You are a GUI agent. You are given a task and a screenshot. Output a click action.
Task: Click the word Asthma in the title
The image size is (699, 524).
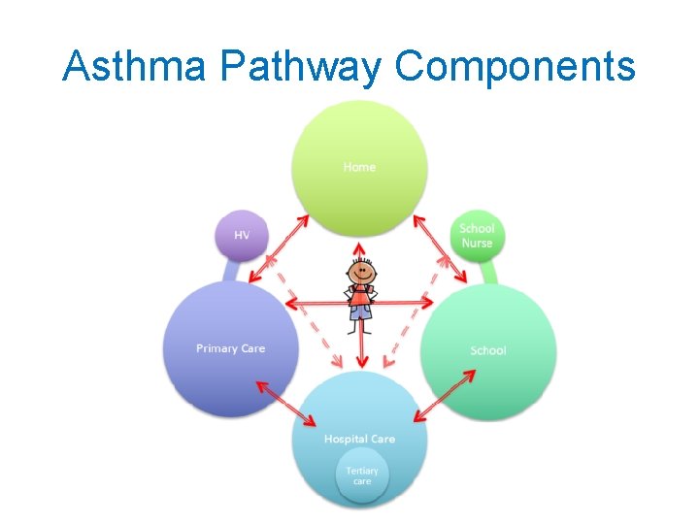pyautogui.click(x=134, y=66)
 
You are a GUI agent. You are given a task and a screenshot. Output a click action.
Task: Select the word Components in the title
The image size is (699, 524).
pyautogui.click(x=516, y=66)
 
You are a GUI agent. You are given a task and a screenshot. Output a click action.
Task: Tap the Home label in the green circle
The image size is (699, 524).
pyautogui.click(x=359, y=167)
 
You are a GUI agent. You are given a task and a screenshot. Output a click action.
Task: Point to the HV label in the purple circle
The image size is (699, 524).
pyautogui.click(x=242, y=236)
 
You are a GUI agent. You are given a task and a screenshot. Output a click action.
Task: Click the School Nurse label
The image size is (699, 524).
pyautogui.click(x=477, y=236)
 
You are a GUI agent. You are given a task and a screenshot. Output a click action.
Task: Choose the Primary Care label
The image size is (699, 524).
pyautogui.click(x=230, y=348)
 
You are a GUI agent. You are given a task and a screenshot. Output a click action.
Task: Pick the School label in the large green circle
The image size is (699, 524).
pyautogui.click(x=487, y=350)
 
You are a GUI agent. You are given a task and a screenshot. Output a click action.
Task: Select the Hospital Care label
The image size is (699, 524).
pyautogui.click(x=359, y=439)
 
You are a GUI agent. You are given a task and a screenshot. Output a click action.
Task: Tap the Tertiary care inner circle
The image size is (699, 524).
pyautogui.click(x=362, y=476)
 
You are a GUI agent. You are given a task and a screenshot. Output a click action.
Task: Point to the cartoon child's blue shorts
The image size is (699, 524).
pyautogui.click(x=361, y=311)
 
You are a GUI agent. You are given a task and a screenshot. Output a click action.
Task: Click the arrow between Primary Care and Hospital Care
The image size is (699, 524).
pyautogui.click(x=286, y=403)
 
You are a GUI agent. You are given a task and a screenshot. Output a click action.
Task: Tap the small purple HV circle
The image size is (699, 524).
pyautogui.click(x=242, y=236)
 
